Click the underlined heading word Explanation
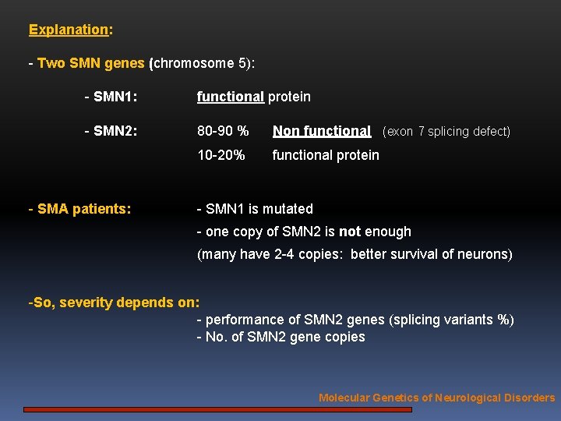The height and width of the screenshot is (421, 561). [69, 30]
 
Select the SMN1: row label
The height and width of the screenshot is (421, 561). [111, 97]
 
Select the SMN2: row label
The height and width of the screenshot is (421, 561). [111, 132]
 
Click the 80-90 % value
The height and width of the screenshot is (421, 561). [223, 132]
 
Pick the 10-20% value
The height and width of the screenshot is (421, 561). [221, 155]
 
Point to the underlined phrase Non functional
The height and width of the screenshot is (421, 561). [321, 132]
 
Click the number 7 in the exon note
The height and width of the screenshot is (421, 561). [422, 132]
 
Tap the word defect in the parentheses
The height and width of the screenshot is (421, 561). [489, 132]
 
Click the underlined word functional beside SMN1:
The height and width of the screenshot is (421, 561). [230, 97]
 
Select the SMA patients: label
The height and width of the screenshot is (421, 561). [79, 209]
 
